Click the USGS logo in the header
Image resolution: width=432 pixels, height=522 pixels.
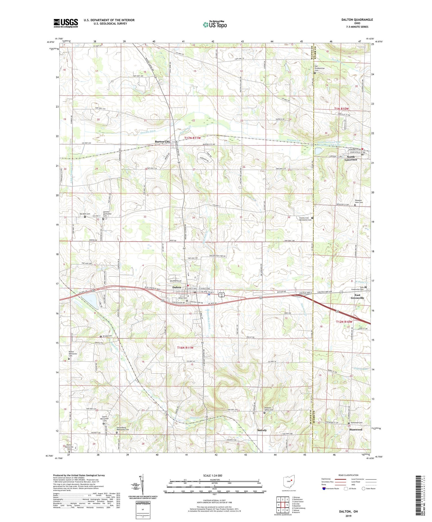click(x=66, y=23)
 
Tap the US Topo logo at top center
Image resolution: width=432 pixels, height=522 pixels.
click(x=215, y=24)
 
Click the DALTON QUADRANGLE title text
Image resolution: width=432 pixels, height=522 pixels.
click(x=357, y=20)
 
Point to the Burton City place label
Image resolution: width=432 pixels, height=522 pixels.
click(x=162, y=142)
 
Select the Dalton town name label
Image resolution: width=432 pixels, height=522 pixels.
click(x=177, y=287)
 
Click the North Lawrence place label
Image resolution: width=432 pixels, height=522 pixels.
click(x=350, y=158)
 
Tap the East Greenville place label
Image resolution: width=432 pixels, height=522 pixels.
click(x=355, y=297)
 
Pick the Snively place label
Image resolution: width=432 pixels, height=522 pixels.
click(x=262, y=430)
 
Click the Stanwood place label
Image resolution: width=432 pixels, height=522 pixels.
click(x=356, y=429)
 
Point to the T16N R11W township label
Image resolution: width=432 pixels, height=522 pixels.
click(x=185, y=348)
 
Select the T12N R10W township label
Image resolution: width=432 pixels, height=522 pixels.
click(x=344, y=322)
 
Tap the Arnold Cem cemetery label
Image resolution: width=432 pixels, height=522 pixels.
click(x=107, y=336)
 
